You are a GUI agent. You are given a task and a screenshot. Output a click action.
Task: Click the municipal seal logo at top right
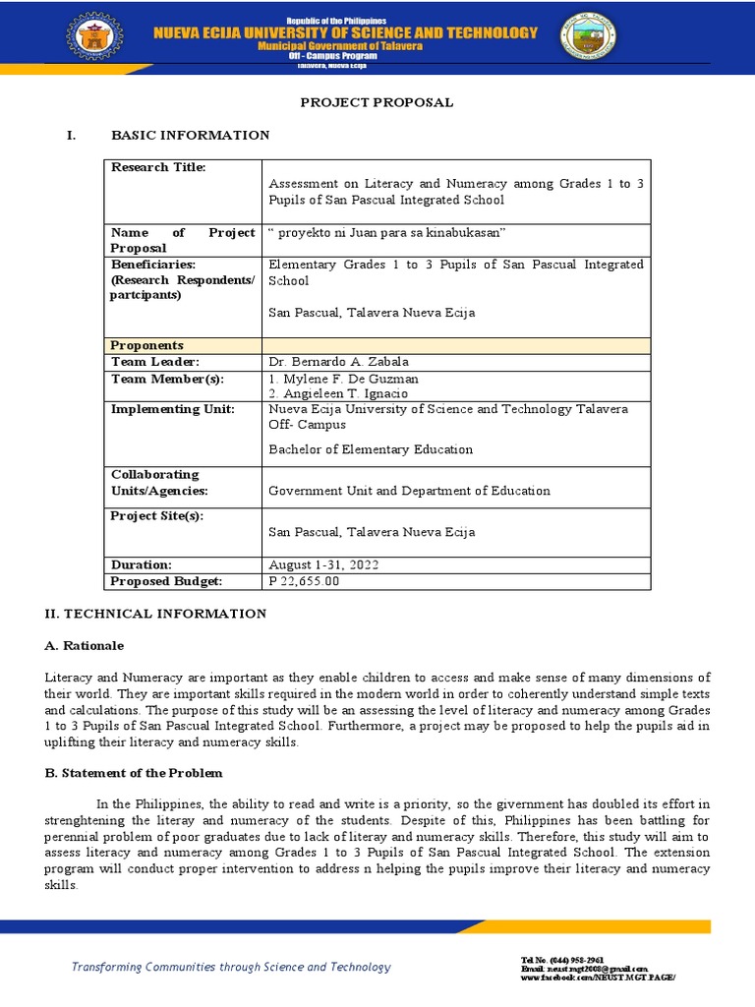[587, 39]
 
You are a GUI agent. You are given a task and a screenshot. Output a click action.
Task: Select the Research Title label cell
[158, 167]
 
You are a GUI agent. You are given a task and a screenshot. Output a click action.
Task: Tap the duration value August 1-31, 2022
[322, 565]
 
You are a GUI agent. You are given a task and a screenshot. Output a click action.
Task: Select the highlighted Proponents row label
[147, 345]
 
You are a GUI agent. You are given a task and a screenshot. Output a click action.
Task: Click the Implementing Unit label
[172, 409]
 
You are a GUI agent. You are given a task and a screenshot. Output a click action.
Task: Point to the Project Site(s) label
[157, 516]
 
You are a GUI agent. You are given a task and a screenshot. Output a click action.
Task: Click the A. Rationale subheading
[85, 646]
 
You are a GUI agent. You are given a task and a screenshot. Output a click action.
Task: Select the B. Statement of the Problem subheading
[134, 773]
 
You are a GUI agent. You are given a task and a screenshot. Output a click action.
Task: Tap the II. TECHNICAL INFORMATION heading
[155, 614]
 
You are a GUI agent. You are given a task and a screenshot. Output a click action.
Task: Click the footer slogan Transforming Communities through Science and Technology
[231, 967]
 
